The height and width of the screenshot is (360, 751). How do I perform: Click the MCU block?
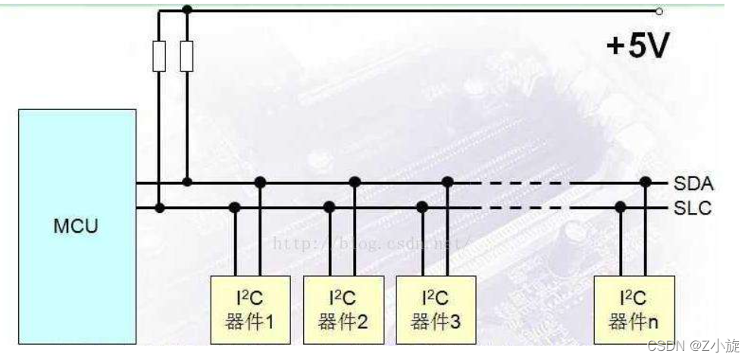point(77,225)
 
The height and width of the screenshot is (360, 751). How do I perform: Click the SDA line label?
point(693,183)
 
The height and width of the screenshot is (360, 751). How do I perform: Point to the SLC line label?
point(693,208)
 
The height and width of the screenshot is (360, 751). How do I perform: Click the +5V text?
point(637,47)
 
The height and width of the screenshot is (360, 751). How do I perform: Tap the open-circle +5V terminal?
point(659,11)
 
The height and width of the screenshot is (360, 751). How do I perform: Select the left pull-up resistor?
point(159,56)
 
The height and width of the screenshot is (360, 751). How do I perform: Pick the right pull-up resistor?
point(187,56)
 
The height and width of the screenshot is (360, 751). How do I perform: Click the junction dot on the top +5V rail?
point(187,10)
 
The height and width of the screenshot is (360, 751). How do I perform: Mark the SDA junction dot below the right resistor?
point(187,182)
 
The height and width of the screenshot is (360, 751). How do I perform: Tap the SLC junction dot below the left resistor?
point(159,207)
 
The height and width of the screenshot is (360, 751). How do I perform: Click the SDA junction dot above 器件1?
point(260,182)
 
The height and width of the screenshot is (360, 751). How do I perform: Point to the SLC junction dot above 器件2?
point(329,207)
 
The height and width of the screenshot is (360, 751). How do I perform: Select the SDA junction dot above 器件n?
point(645,182)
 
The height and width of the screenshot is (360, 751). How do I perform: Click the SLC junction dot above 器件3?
point(422,207)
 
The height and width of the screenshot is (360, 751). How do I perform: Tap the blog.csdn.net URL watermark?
point(371,244)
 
